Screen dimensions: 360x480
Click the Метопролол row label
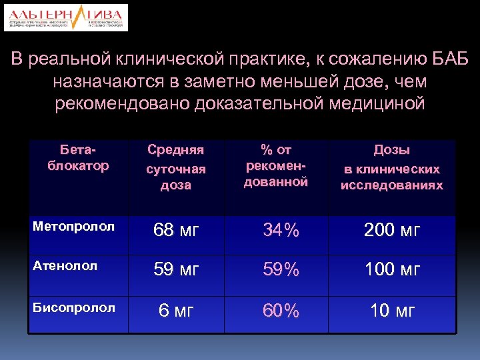coord(65,227)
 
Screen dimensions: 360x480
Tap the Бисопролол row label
coord(65,308)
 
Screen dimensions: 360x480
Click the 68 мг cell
coord(176,231)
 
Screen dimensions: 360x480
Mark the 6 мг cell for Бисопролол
coord(176,311)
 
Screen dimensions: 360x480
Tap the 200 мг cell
coord(391,231)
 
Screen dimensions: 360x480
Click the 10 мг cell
coord(391,311)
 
